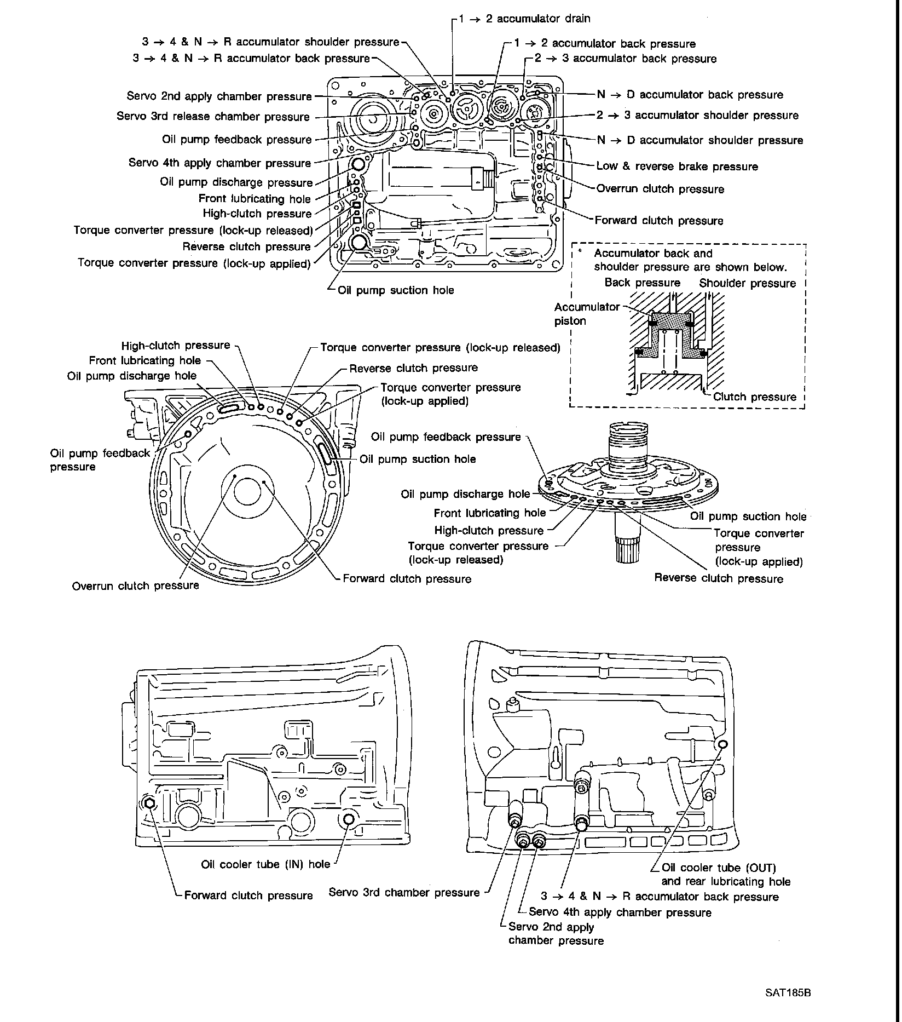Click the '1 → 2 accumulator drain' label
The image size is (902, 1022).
[x=524, y=19]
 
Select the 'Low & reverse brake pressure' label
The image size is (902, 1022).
[x=677, y=166]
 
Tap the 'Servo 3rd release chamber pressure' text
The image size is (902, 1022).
[x=213, y=117]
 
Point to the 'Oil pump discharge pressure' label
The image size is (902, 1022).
[x=236, y=182]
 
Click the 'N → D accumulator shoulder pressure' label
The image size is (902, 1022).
[x=700, y=140]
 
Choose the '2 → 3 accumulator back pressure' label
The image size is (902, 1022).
[x=626, y=59]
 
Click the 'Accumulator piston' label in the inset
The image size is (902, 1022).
[x=587, y=314]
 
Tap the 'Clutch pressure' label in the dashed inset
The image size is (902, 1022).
[x=755, y=397]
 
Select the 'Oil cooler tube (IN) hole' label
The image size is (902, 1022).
[x=265, y=864]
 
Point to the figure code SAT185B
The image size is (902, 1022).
[x=788, y=993]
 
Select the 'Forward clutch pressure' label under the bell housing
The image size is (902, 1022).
[x=407, y=579]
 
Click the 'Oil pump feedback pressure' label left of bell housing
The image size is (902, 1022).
[x=100, y=460]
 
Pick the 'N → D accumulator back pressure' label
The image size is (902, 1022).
[x=690, y=95]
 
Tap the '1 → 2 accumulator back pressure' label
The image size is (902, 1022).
[x=605, y=44]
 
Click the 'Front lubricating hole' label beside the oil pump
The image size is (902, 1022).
[x=490, y=513]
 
